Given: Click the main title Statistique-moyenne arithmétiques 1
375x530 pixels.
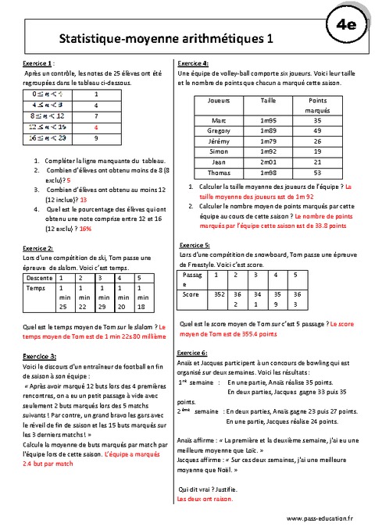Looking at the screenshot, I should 166,37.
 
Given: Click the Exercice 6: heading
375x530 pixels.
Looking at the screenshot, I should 193,353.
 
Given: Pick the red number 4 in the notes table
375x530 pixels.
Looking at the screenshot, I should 96,126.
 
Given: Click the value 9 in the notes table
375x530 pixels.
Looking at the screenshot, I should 96,137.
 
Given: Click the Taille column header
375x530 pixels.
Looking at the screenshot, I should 268,101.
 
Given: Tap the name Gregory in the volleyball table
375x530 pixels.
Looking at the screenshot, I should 219,130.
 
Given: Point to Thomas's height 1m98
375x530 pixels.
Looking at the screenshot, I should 268,173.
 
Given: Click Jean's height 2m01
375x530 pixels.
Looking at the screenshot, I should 268,162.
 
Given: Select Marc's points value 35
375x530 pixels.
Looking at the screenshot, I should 317,120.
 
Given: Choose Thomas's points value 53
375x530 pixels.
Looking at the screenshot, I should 317,173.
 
